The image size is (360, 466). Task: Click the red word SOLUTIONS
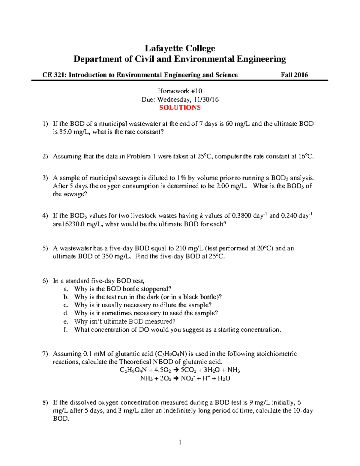pos(180,108)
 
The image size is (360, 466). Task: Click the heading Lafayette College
pos(180,48)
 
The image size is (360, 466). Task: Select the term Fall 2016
pos(294,75)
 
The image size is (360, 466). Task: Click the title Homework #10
pos(180,91)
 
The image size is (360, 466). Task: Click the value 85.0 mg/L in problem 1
pos(74,132)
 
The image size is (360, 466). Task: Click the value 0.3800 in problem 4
pos(242,216)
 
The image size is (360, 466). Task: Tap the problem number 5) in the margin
pos(45,248)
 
